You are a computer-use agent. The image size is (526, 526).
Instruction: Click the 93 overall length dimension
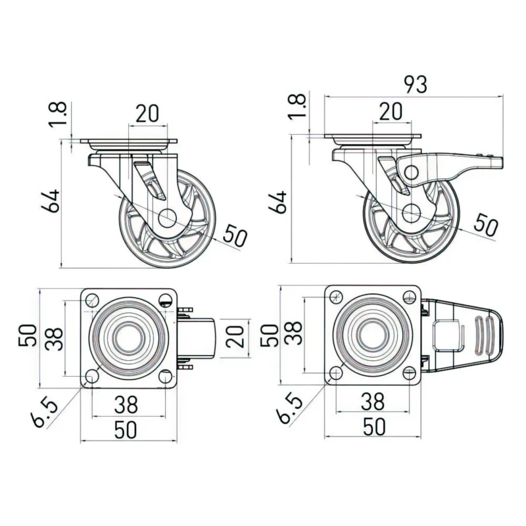tap(415, 85)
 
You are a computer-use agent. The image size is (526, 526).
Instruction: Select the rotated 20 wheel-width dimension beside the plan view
tap(239, 339)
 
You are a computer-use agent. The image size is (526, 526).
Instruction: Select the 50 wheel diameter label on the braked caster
tap(486, 225)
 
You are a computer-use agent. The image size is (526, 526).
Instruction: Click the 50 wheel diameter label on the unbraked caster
tap(235, 235)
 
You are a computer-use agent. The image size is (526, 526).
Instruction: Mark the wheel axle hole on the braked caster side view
tap(412, 212)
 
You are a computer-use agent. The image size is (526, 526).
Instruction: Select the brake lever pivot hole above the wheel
tap(411, 172)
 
